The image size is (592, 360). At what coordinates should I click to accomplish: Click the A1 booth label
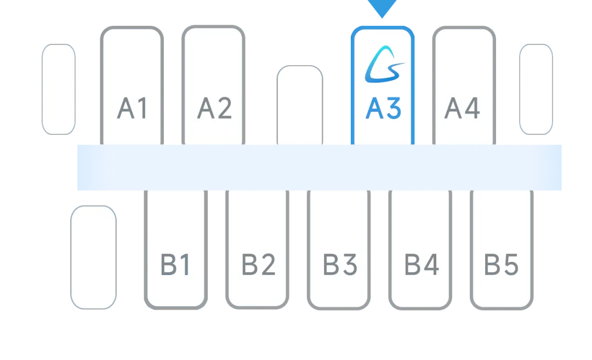(133, 108)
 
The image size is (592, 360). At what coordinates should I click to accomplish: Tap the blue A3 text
(383, 108)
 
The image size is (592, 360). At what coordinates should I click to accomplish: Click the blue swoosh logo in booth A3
(384, 65)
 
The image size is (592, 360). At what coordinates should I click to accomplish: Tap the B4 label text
(422, 266)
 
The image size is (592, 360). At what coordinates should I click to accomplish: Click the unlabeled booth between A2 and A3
(300, 104)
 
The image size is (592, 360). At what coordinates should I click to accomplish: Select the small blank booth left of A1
(58, 89)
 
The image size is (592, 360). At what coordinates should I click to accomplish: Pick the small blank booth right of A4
(536, 89)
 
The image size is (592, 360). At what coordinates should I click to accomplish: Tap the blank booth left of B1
(93, 257)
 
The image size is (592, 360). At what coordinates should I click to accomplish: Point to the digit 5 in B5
(510, 266)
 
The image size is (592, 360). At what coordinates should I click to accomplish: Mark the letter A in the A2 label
(206, 108)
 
